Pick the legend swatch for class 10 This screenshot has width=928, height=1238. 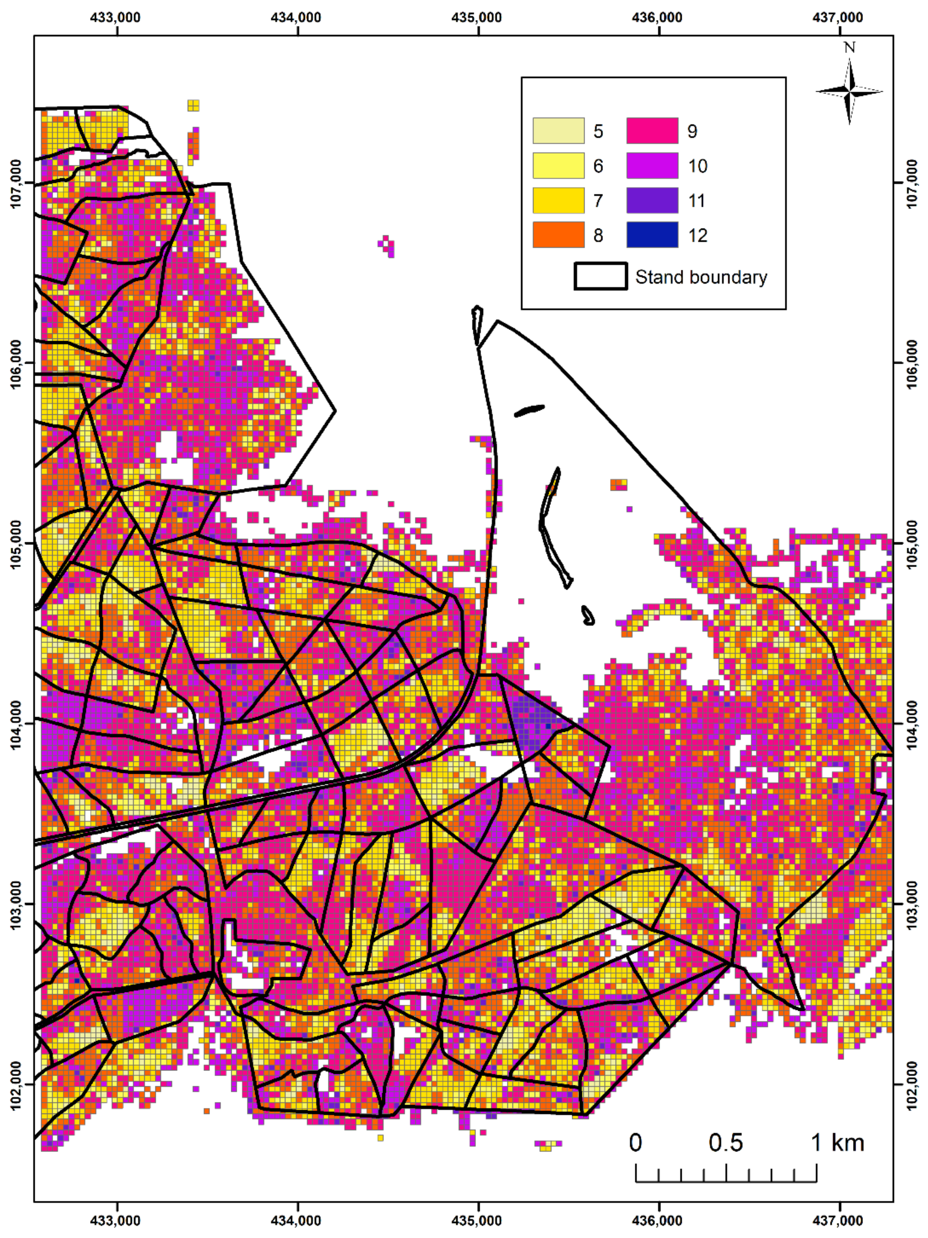coord(652,166)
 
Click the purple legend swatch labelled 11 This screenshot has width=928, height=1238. coord(652,200)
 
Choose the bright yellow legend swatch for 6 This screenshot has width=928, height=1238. coord(558,166)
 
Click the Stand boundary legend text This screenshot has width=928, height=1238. coord(701,277)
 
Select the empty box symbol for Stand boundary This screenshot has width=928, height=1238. coord(600,276)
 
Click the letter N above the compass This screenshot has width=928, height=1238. coord(849,48)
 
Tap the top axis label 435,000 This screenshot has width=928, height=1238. coord(477,17)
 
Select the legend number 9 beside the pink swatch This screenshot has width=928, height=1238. coord(692,131)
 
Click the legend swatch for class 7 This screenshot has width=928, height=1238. coord(558,200)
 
